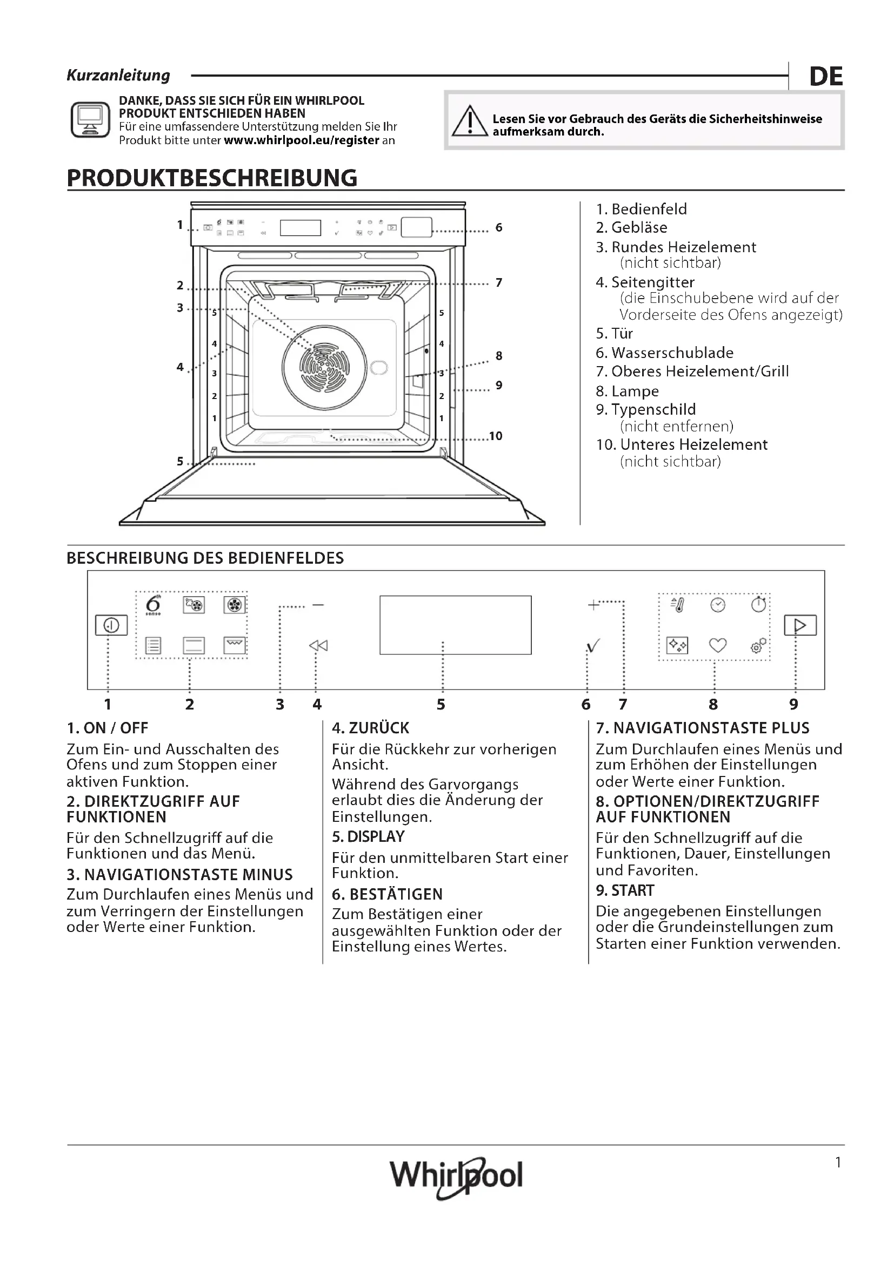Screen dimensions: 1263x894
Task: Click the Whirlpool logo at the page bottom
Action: [456, 1176]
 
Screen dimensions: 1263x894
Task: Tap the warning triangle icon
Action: [469, 121]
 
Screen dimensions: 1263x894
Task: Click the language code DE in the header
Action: [826, 77]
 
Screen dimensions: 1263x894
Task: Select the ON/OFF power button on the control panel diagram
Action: [111, 625]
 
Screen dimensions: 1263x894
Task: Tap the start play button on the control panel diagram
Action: [800, 625]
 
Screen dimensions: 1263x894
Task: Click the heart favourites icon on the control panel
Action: [717, 645]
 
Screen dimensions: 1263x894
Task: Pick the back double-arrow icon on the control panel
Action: [318, 645]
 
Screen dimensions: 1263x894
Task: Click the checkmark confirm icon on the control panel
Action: [593, 646]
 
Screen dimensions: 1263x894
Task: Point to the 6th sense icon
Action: [153, 605]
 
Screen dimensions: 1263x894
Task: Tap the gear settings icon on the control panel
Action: [758, 645]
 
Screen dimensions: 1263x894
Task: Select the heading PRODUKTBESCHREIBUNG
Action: [212, 178]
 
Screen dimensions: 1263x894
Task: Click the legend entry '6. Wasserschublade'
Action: [664, 353]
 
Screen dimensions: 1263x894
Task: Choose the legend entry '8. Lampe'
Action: [627, 391]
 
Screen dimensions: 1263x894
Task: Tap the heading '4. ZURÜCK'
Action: [370, 728]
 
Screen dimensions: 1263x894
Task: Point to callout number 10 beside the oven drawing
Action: [496, 436]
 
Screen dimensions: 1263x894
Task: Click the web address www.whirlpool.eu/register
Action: [302, 140]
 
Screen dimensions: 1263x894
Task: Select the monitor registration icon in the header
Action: [90, 119]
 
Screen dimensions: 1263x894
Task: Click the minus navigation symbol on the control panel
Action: [318, 605]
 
